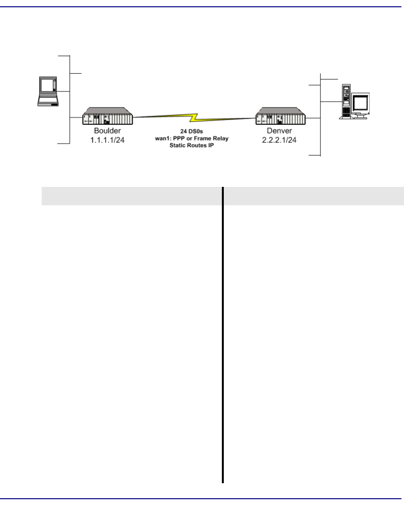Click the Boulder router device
(x=107, y=117)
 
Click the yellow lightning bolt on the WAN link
(x=194, y=117)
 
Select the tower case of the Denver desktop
(x=346, y=101)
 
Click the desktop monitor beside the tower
(x=361, y=103)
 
